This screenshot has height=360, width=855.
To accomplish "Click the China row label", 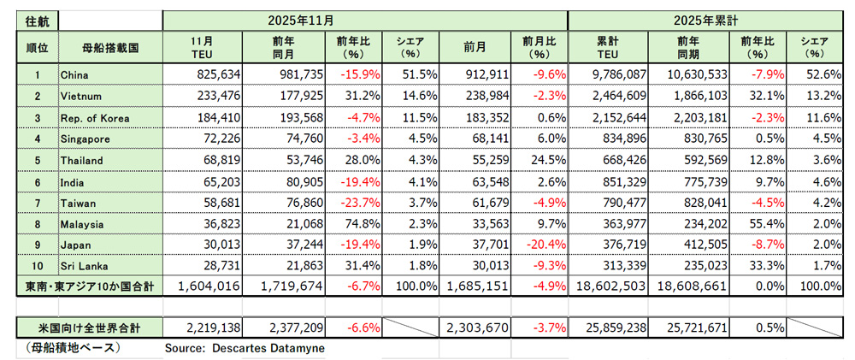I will point(74,75).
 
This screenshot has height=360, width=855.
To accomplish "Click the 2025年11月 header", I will point(365,17).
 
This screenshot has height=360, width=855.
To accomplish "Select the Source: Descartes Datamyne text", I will point(244,349).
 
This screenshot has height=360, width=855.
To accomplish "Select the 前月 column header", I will point(475,47).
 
